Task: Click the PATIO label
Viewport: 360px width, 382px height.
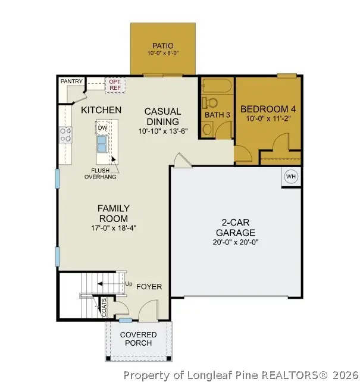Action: pos(162,45)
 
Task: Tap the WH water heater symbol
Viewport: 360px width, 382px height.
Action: pos(291,176)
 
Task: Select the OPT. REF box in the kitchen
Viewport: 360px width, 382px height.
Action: pos(114,84)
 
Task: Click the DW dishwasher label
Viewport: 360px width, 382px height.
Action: pos(102,127)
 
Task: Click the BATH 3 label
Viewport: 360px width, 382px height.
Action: pos(217,114)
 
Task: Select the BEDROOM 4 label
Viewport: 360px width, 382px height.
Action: pos(268,109)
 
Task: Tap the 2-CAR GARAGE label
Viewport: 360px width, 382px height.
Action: pos(236,228)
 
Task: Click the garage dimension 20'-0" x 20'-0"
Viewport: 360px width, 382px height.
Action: pos(236,242)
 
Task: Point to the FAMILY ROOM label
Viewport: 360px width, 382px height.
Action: pos(114,213)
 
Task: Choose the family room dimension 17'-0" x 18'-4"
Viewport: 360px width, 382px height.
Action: pos(114,228)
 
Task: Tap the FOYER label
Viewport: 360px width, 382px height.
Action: pos(149,286)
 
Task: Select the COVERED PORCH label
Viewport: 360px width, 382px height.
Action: pos(138,339)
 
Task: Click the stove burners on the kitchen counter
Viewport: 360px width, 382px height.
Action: pos(65,135)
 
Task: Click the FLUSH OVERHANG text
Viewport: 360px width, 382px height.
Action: pos(100,173)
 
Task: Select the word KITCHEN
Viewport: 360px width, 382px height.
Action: pos(101,110)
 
